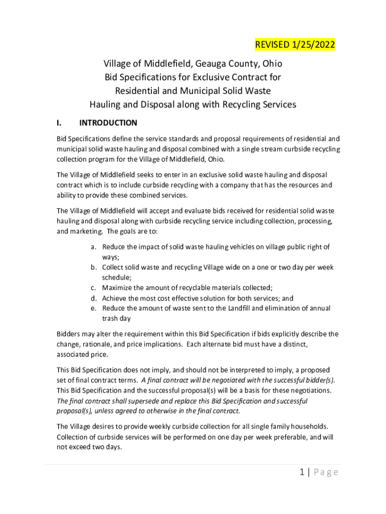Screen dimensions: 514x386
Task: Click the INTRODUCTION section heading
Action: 108,123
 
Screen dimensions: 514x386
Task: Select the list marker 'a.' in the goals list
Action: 94,247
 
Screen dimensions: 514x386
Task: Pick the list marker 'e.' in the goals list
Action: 94,308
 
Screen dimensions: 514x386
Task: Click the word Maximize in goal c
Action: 118,288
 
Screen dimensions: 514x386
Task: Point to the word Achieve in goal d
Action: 115,298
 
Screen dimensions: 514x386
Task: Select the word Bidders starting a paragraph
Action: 69,334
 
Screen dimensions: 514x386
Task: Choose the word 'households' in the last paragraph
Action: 307,427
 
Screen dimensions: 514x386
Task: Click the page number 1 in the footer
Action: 302,472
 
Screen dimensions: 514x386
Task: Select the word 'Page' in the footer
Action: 326,472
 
